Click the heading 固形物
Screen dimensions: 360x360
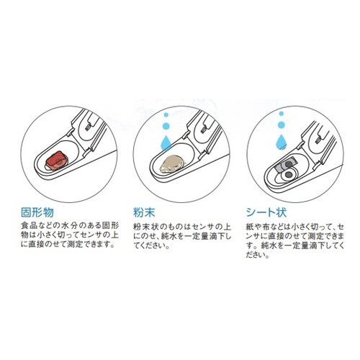coord(37,212)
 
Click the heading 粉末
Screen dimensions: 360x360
coord(144,212)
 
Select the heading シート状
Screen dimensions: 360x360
coord(266,212)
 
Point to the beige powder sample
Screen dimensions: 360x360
coord(171,164)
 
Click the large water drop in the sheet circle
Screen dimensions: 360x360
coord(282,141)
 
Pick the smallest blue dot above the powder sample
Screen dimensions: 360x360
coord(166,114)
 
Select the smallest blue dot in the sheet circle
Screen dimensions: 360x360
coord(282,114)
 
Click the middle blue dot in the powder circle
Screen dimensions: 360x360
coord(166,126)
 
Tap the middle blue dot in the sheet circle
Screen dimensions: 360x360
coord(282,125)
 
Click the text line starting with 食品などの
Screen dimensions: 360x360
coord(70,226)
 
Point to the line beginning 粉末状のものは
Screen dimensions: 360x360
coord(182,227)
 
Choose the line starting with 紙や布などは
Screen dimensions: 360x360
coord(295,227)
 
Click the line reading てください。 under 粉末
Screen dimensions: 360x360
coord(151,246)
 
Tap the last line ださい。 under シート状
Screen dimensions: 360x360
coord(257,255)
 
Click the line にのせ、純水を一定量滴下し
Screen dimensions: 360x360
coord(182,236)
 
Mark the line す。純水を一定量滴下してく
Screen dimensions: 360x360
coord(295,246)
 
